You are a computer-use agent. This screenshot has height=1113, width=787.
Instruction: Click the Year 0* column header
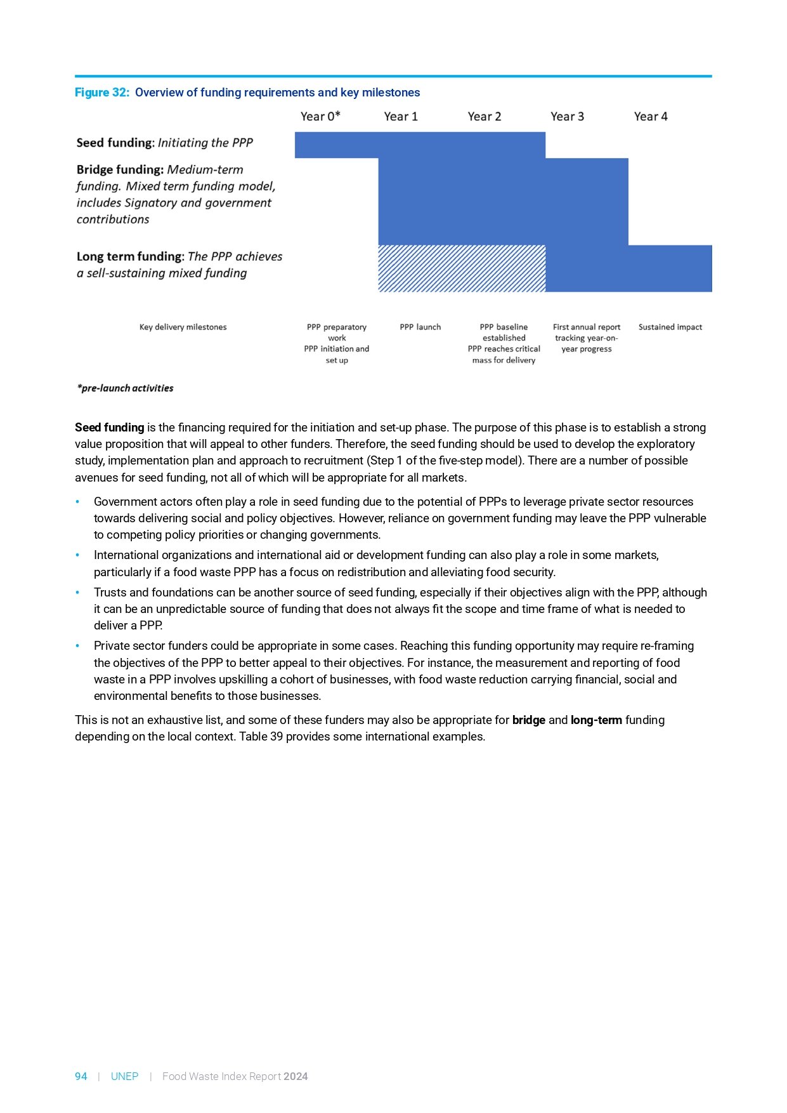point(320,116)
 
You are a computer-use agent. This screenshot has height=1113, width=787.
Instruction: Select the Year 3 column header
point(567,116)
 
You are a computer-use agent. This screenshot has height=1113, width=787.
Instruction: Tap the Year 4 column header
point(651,116)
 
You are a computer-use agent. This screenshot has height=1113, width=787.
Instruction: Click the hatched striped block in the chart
point(462,268)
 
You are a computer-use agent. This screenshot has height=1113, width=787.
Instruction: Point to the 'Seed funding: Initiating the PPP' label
point(164,143)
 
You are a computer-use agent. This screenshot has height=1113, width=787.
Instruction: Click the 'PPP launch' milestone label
point(420,327)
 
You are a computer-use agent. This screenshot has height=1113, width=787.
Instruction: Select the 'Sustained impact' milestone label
point(670,327)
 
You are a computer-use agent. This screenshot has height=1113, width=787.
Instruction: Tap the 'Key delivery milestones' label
point(183,327)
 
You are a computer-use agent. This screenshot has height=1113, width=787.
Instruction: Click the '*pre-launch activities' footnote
point(125,388)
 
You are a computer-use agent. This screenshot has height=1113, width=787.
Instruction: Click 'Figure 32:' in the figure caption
point(102,93)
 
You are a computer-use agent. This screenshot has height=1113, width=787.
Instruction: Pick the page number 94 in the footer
point(81,1076)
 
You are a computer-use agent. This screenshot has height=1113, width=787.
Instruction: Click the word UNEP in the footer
point(124,1076)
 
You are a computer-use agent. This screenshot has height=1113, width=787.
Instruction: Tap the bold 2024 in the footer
point(296,1076)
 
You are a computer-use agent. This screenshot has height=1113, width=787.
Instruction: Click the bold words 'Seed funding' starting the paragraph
point(109,428)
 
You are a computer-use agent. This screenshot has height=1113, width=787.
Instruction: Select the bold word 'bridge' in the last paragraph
point(528,720)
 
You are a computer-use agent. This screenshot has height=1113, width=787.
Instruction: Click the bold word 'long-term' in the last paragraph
point(596,720)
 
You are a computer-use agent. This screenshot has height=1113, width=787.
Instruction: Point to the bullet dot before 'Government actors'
point(77,502)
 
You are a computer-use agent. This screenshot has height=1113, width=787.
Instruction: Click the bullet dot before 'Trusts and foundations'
point(77,593)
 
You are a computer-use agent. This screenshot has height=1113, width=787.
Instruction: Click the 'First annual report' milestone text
point(587,327)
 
